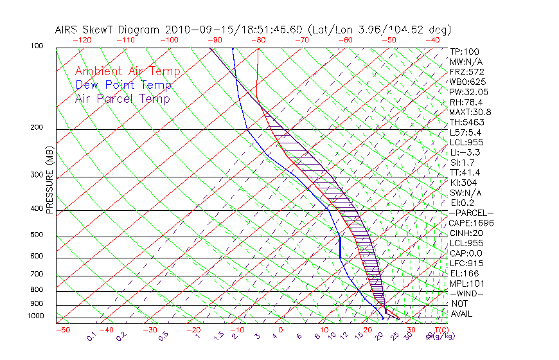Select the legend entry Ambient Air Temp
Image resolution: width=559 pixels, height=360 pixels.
coord(128,71)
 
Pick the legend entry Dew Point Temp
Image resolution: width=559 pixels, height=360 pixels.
coord(123,85)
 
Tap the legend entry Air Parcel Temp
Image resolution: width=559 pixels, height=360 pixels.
coord(123,98)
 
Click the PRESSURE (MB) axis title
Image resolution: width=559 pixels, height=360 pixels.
coord(49,181)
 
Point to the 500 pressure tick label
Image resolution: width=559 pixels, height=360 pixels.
coord(37,235)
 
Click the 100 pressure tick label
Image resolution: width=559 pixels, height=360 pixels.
coord(37,47)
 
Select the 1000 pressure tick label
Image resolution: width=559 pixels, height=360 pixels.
coord(36,316)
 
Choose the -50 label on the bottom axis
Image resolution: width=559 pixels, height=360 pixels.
coord(62,330)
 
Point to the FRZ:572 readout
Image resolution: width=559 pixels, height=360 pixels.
coord(466,72)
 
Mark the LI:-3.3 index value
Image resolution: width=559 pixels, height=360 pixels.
coord(465,152)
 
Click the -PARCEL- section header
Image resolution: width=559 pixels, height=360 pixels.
coord(471,213)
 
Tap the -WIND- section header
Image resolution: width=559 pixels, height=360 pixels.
coord(466,293)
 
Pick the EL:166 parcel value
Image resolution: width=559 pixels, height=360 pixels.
coord(463,273)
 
